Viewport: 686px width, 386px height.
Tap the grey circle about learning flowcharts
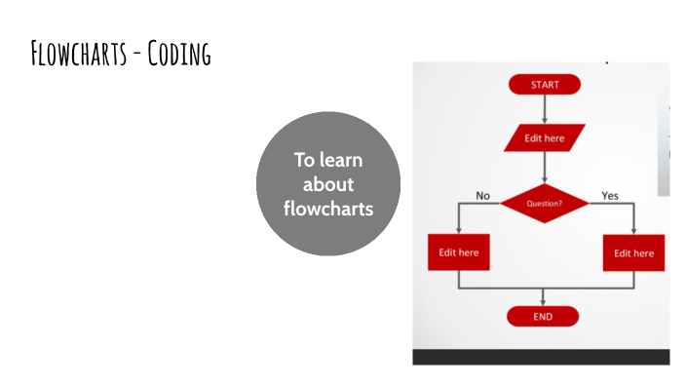tap(328, 184)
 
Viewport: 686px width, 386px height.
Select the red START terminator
tap(544, 85)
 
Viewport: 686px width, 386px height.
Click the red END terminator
tap(543, 317)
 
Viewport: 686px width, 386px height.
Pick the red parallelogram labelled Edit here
tap(544, 138)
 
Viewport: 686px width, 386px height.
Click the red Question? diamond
tap(545, 204)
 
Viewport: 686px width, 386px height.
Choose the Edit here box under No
tap(458, 252)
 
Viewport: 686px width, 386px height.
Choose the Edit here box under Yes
tap(633, 253)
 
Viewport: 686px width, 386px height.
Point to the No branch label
tap(482, 196)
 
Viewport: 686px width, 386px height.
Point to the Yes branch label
tap(610, 196)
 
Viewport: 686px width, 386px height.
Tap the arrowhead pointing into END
tap(544, 301)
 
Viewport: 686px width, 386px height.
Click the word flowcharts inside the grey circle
tap(328, 209)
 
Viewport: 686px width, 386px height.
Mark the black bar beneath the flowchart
tap(541, 357)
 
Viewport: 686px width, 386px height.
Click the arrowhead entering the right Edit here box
tap(633, 230)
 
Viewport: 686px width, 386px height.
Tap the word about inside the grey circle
tap(328, 184)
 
